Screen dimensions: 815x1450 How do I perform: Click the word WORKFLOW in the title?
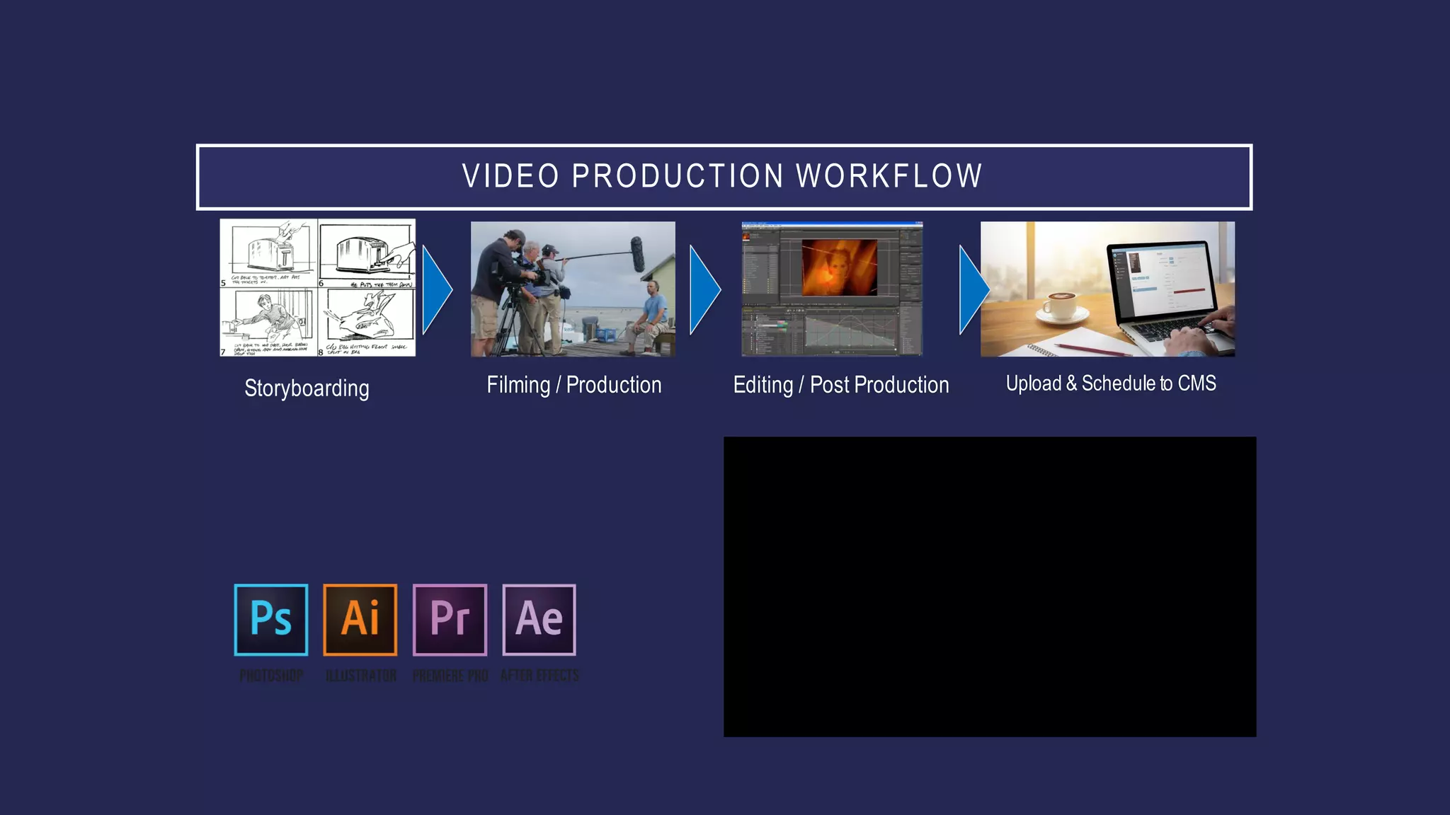tap(889, 176)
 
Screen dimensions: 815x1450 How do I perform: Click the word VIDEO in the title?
tap(510, 176)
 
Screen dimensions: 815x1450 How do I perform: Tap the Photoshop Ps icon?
tap(271, 620)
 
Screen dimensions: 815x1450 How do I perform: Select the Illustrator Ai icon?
tap(360, 620)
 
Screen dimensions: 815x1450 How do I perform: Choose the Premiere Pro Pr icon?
tap(450, 620)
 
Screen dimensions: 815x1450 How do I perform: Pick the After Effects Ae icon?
tap(539, 620)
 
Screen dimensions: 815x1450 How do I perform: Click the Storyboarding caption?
tap(307, 388)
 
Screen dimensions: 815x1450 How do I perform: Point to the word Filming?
tap(518, 385)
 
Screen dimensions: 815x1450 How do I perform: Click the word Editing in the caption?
tap(763, 385)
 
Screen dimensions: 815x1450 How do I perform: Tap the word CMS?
tap(1197, 383)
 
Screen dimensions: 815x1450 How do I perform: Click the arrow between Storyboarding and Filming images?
tap(435, 289)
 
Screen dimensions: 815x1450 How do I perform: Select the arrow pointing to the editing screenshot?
tap(704, 289)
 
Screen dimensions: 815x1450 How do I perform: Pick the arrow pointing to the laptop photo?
tap(973, 289)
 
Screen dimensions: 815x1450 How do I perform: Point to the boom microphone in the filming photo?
tap(637, 255)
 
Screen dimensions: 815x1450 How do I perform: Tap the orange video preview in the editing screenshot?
tap(839, 267)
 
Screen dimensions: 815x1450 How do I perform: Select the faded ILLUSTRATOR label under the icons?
tap(360, 676)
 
